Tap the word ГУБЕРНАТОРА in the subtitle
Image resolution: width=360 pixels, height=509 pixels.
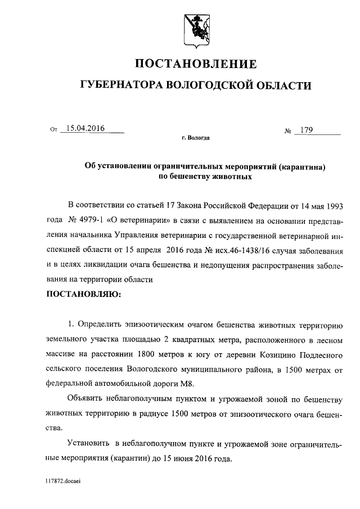click(119, 85)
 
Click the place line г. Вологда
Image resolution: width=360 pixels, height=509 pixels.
click(196, 137)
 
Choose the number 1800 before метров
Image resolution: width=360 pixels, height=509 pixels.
click(146, 355)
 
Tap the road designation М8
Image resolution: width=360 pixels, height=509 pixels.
click(192, 384)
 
